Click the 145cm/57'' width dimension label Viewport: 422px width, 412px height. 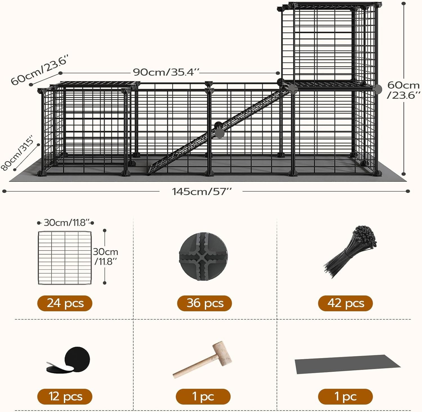pos(201,192)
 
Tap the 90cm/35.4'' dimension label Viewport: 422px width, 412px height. pos(166,72)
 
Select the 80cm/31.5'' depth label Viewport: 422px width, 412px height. pos(17,153)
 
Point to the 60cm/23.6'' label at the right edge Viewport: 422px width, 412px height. pos(403,90)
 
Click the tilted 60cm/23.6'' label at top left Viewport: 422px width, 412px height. pos(39,70)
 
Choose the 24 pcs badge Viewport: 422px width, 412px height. pos(65,303)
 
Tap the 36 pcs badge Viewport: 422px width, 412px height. pos(205,303)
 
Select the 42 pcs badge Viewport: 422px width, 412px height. pos(345,303)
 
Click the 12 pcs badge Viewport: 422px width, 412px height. pos(65,397)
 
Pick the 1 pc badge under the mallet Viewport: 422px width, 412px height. pos(203,397)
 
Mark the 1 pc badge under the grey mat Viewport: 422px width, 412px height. pos(345,397)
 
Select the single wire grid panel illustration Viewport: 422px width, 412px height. pos(65,258)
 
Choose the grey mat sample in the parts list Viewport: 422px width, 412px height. pos(347,364)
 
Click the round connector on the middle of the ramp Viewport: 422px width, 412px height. pos(219,129)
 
